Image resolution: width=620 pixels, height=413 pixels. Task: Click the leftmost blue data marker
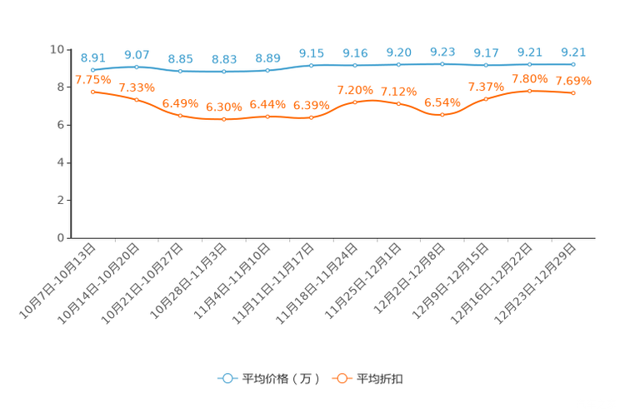pos(93,69)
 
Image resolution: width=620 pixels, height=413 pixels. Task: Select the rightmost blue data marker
pos(573,64)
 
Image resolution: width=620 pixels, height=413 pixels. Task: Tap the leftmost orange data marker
pos(93,91)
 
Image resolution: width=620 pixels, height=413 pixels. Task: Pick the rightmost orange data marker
pos(573,92)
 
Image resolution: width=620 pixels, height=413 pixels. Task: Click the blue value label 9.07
pos(137,55)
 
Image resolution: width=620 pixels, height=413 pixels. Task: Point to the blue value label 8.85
pos(180,58)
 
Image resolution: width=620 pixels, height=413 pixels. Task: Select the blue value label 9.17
pos(486,52)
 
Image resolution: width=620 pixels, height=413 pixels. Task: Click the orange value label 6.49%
pos(180,103)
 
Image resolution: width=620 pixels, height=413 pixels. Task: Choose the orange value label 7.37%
pos(486,87)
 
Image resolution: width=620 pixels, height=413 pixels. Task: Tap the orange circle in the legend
pos(341,378)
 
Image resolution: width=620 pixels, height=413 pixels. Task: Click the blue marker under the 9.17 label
pos(486,65)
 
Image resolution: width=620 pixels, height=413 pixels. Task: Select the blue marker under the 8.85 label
pos(180,72)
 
